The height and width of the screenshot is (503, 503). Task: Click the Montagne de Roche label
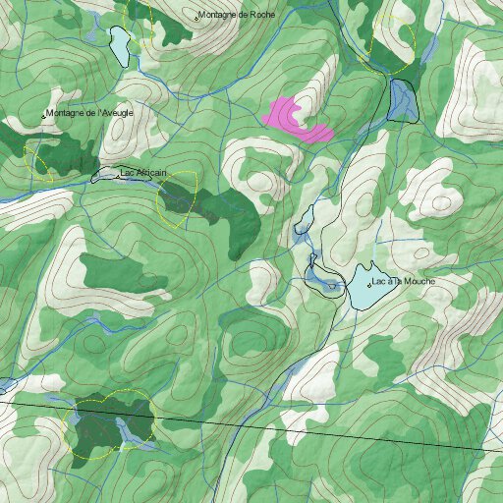[x=239, y=16]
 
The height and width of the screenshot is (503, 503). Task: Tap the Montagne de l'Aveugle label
[x=90, y=113]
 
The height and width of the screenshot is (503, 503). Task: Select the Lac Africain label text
[x=143, y=174]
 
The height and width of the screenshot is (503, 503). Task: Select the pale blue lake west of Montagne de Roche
[x=120, y=44]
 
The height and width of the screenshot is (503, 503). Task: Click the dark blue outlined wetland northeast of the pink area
[x=403, y=99]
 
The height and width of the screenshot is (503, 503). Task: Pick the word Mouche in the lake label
[x=419, y=282]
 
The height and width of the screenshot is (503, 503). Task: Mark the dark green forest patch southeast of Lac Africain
[x=231, y=216]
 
